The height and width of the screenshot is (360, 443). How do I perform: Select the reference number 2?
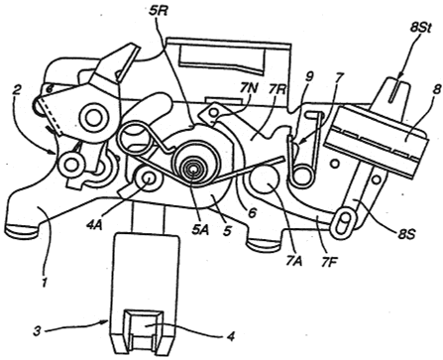pos(18,90)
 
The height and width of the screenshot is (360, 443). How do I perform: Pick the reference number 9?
pos(309,77)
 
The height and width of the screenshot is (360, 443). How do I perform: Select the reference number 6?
pos(252,213)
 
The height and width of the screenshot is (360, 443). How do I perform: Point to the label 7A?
pos(292,261)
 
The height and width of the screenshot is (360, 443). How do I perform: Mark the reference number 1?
pos(45,283)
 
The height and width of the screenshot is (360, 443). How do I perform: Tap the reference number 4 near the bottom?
pos(231,336)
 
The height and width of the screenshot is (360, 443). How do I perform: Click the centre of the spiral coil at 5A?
pos(193,171)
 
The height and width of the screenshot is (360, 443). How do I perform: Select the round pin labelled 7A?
pos(265,180)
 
